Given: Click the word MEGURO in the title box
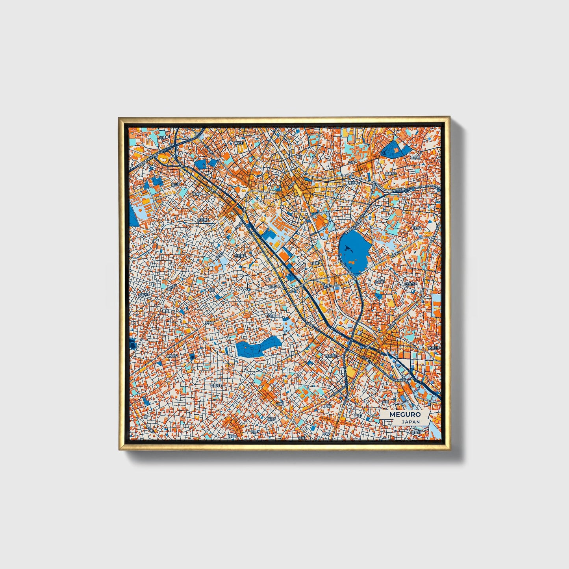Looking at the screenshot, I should pos(405,415).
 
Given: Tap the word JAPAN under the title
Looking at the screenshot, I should pos(410,422).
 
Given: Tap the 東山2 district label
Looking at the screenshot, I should pos(176,184).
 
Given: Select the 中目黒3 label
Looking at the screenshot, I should pos(240,256).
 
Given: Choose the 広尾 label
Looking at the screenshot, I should pos(352,162).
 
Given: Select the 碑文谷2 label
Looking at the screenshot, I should pos(172,356).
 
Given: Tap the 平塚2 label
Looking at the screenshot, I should pos(327,406).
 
